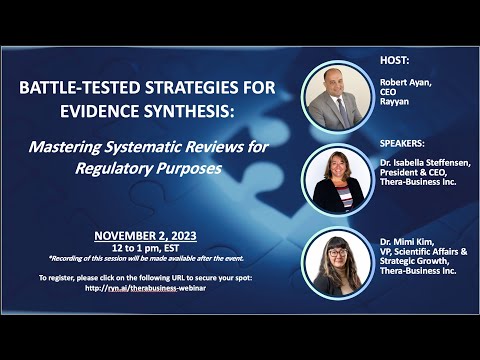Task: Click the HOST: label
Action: tap(396, 60)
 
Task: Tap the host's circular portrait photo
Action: tap(336, 97)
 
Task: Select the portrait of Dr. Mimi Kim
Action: tap(336, 263)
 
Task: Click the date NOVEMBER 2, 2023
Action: tap(146, 236)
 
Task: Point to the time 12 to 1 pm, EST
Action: tap(146, 248)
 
